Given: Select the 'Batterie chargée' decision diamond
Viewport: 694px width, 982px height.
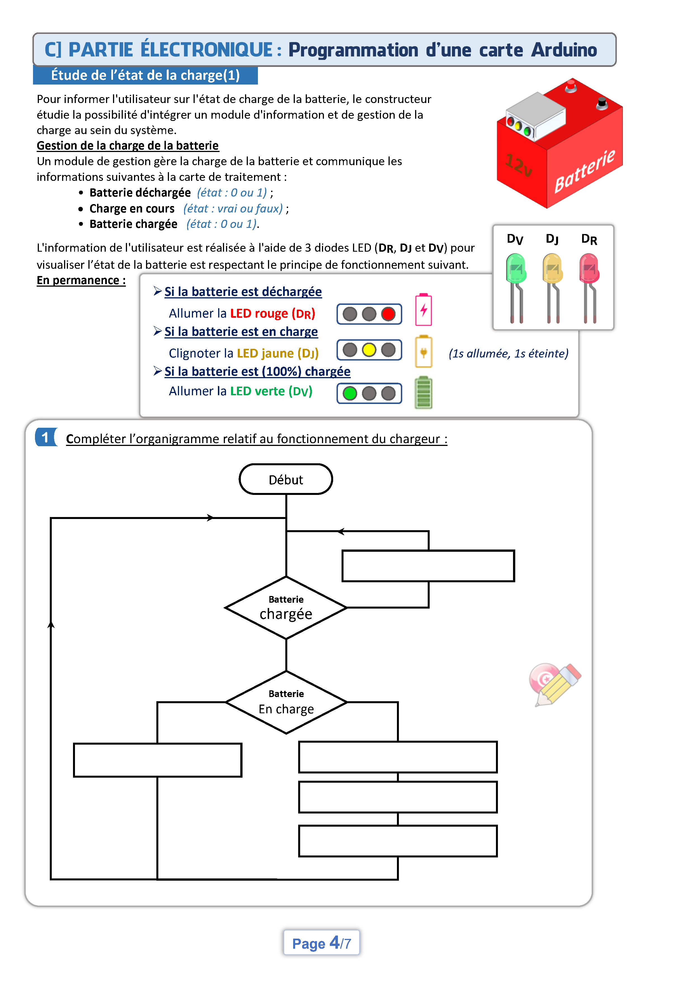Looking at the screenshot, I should [286, 608].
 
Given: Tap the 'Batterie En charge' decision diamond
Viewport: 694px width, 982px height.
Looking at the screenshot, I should [286, 702].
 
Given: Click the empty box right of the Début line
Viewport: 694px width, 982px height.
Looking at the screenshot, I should [428, 566].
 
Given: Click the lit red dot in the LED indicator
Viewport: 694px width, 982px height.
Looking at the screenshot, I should [388, 314].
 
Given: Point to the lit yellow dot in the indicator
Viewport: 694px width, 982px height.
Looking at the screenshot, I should [369, 350].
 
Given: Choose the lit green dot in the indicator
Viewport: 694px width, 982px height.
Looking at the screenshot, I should [350, 393].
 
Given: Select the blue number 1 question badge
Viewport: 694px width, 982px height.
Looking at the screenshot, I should [46, 437].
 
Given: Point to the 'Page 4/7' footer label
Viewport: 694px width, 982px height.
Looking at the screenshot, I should [321, 943].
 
